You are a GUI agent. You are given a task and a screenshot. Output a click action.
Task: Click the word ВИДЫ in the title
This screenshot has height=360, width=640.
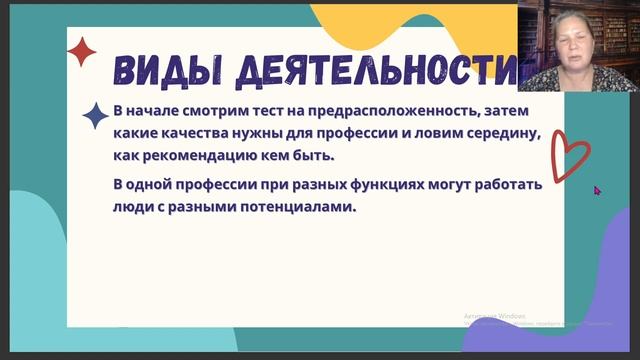[161, 70]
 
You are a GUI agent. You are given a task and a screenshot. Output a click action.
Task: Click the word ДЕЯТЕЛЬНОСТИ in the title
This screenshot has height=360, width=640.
[380, 70]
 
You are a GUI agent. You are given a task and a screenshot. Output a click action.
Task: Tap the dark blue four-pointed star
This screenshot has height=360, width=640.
[96, 116]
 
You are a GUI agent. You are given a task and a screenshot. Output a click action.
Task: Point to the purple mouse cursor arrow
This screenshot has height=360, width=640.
[597, 189]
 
